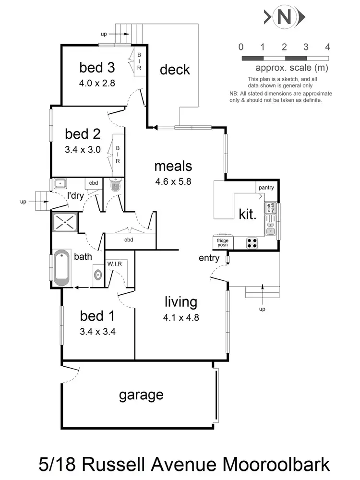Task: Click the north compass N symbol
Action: tap(284, 18)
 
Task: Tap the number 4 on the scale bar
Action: tap(327, 47)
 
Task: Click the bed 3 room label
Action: tap(97, 68)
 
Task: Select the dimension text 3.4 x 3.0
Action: tap(83, 149)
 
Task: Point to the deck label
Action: tap(175, 70)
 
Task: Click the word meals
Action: tap(173, 166)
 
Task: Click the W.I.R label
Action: tap(114, 264)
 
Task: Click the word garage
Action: tap(141, 395)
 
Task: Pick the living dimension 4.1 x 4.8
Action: tap(181, 317)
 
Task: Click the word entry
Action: tap(209, 258)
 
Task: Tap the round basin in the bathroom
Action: tap(98, 276)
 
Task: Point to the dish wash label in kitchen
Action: tap(269, 208)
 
